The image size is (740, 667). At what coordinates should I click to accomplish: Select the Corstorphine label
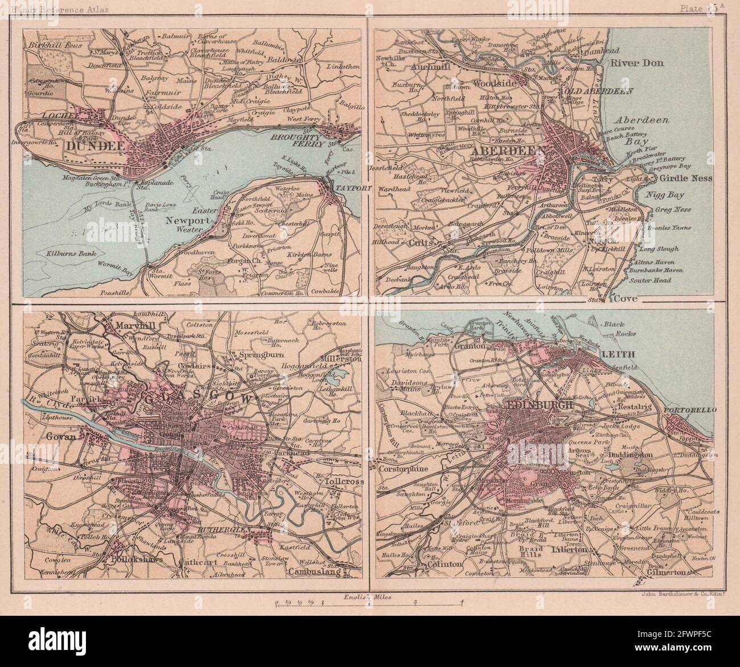405,470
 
